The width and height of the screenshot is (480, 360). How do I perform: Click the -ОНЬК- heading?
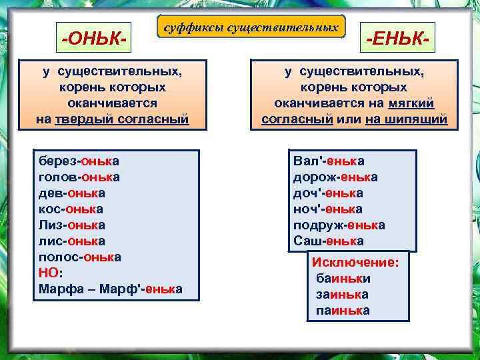click(94, 38)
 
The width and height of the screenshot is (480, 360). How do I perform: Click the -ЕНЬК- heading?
click(397, 38)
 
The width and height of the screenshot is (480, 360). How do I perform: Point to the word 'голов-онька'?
click(79, 177)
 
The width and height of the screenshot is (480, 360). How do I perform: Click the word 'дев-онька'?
click(71, 193)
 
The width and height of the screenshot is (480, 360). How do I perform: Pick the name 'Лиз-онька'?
click(71, 225)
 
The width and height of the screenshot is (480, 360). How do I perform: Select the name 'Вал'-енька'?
click(329, 161)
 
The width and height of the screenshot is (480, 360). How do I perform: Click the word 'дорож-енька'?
click(335, 177)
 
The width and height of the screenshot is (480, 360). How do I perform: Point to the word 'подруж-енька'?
click(339, 225)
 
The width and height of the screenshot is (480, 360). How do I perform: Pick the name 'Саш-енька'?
click(329, 241)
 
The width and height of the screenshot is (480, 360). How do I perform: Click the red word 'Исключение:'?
click(355, 263)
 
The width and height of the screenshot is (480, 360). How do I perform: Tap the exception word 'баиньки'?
click(343, 279)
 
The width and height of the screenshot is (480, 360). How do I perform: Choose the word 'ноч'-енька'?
click(328, 209)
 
